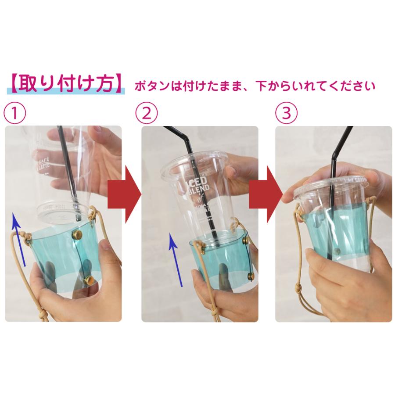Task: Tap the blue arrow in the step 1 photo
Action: [x=19, y=239]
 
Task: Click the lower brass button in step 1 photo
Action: [x=89, y=279]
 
